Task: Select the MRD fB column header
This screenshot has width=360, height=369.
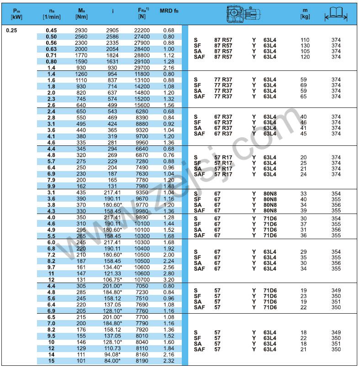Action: pos(167,13)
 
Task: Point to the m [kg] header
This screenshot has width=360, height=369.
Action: pos(305,13)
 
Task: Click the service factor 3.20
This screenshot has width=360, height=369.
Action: pos(169,279)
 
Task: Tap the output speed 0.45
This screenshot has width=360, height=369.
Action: pos(51,31)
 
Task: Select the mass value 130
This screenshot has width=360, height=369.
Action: pos(304,46)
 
